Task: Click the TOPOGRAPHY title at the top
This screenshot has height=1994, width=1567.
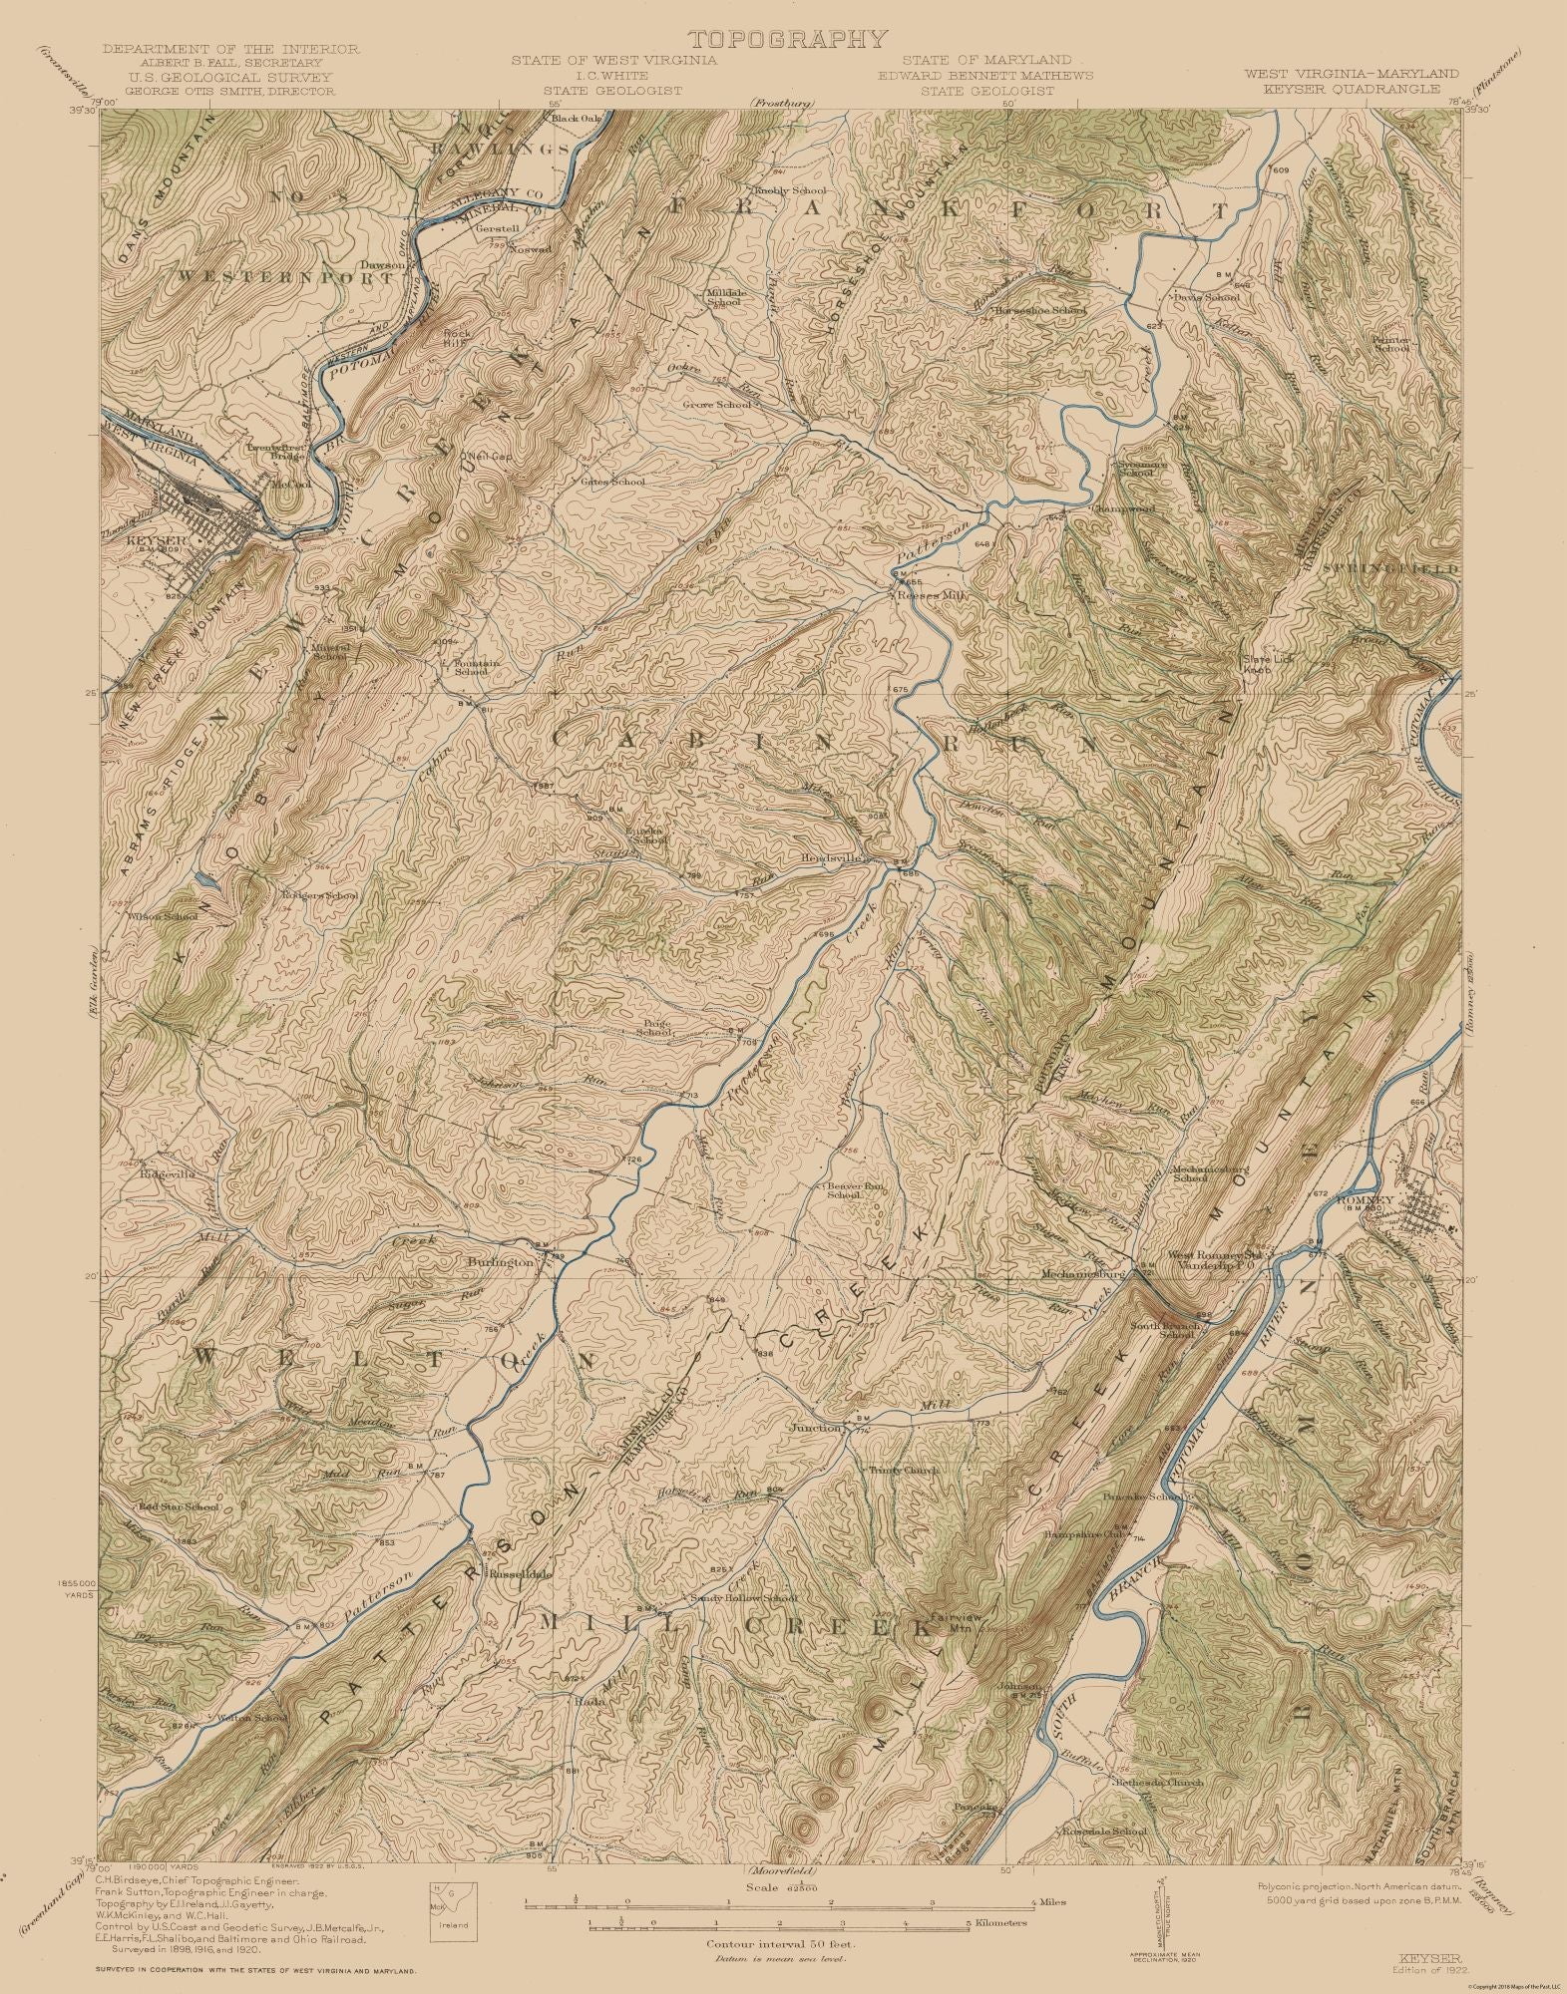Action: (x=787, y=40)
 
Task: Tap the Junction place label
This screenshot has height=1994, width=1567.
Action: (x=816, y=1428)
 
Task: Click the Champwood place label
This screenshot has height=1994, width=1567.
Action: (x=1121, y=508)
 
